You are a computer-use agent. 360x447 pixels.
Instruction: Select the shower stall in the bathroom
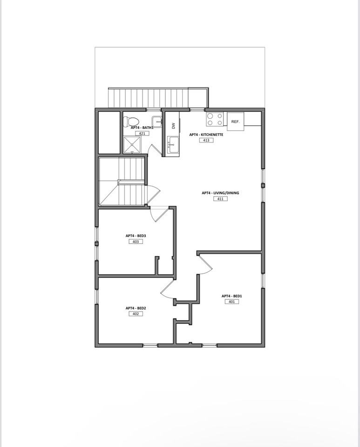[x=132, y=145]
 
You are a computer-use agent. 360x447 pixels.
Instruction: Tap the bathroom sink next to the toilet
[x=156, y=121]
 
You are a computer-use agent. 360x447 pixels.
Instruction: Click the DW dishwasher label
[x=173, y=126]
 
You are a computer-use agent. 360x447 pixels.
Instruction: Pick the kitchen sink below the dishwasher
[x=173, y=145]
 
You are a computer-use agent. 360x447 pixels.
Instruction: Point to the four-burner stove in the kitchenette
[x=215, y=119]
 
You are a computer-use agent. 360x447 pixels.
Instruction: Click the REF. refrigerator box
[x=235, y=122]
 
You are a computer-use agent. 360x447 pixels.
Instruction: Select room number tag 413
[x=206, y=140]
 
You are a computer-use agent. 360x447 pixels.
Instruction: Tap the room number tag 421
[x=142, y=134]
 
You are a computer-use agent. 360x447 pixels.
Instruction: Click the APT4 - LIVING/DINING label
[x=220, y=193]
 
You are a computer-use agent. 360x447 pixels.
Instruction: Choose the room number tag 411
[x=220, y=199]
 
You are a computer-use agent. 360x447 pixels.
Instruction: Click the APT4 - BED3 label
[x=136, y=236]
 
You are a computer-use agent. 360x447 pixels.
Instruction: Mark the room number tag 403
[x=136, y=242]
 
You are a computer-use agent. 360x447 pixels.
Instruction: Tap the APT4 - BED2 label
[x=136, y=308]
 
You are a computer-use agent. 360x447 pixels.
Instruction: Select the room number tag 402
[x=136, y=314]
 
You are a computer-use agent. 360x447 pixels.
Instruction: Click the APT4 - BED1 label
[x=231, y=296]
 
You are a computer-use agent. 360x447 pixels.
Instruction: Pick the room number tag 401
[x=231, y=302]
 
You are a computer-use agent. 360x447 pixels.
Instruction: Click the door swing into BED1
[x=204, y=264]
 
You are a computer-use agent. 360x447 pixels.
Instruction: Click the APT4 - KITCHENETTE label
[x=206, y=135]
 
